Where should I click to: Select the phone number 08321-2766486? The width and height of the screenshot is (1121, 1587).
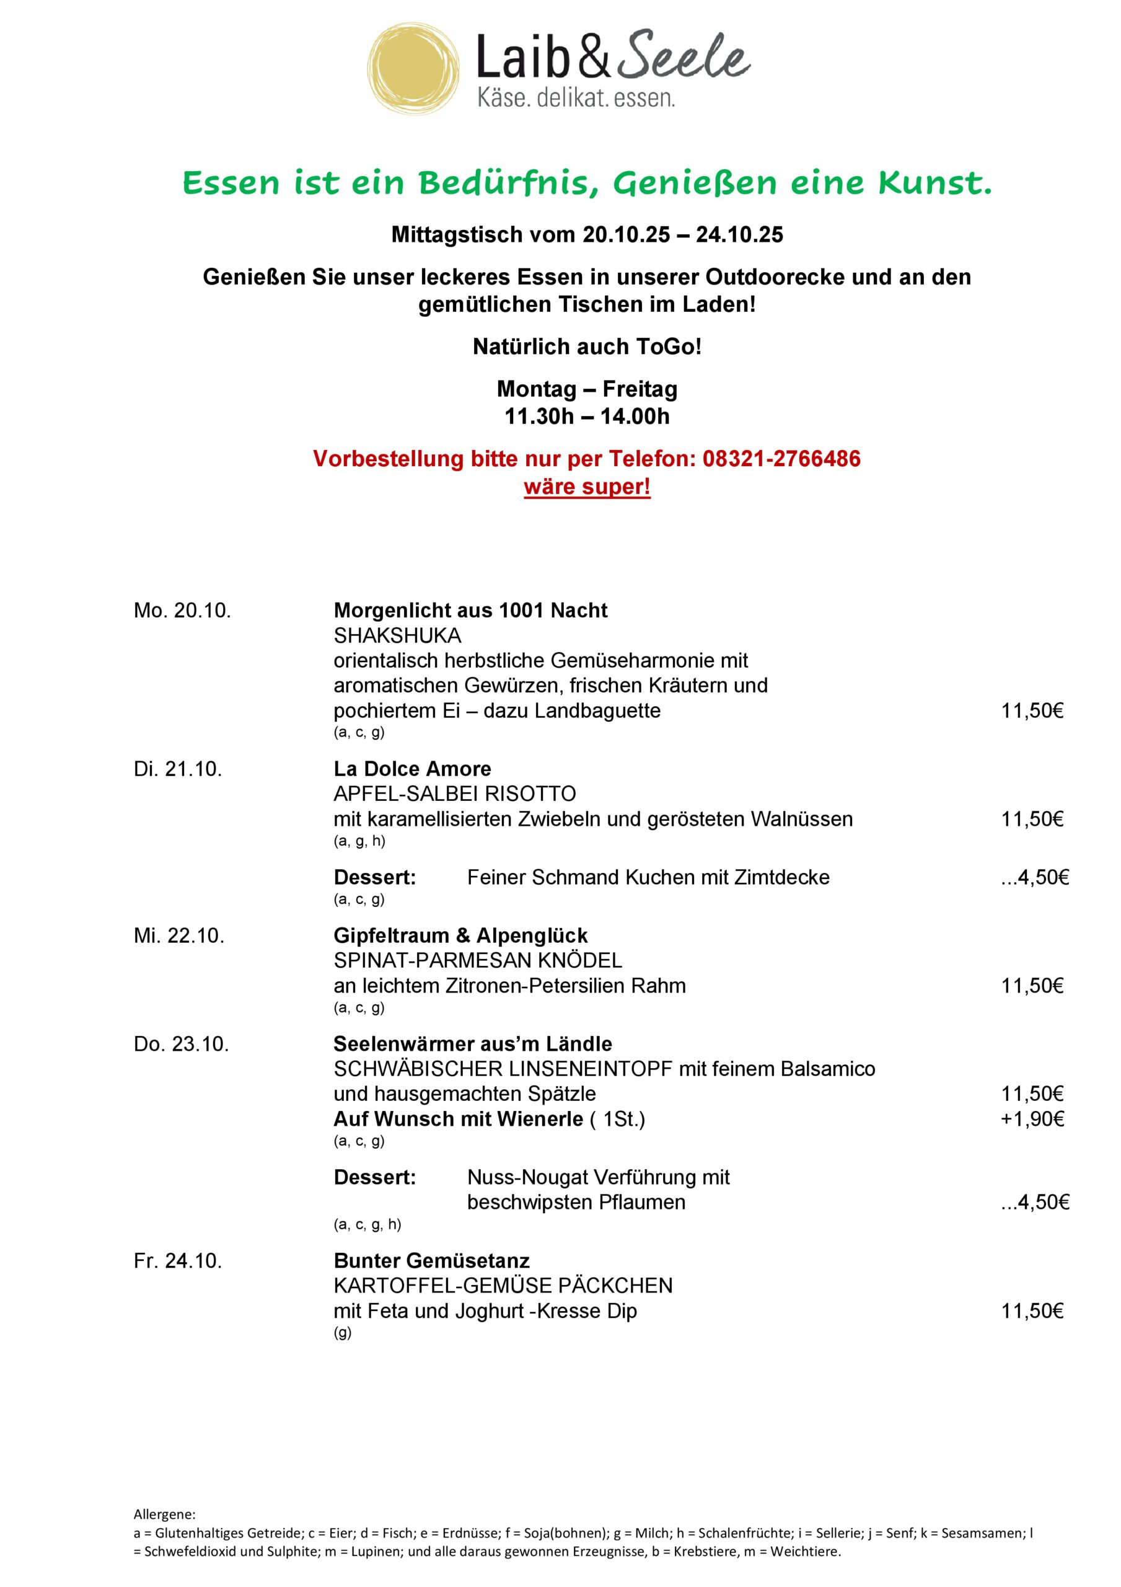pos(781,458)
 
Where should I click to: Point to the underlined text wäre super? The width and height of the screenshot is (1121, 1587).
pos(587,487)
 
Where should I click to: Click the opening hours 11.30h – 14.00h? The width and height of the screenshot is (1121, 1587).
pos(587,417)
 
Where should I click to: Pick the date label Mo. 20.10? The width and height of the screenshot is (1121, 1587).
pos(182,611)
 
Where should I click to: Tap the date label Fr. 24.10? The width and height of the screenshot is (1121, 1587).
pos(178,1261)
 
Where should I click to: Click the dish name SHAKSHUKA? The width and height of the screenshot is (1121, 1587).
pos(397,635)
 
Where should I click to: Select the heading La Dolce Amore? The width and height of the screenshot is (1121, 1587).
pos(412,769)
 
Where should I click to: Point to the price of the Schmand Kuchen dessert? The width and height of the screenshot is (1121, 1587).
pos(1035,877)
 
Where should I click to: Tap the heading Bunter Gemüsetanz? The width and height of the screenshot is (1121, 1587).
pos(431,1261)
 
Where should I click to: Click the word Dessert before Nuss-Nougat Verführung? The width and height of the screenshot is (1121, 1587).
pos(374,1177)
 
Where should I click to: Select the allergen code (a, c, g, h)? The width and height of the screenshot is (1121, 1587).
pos(367,1224)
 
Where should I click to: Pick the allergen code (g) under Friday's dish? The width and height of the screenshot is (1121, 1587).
pos(342,1333)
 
